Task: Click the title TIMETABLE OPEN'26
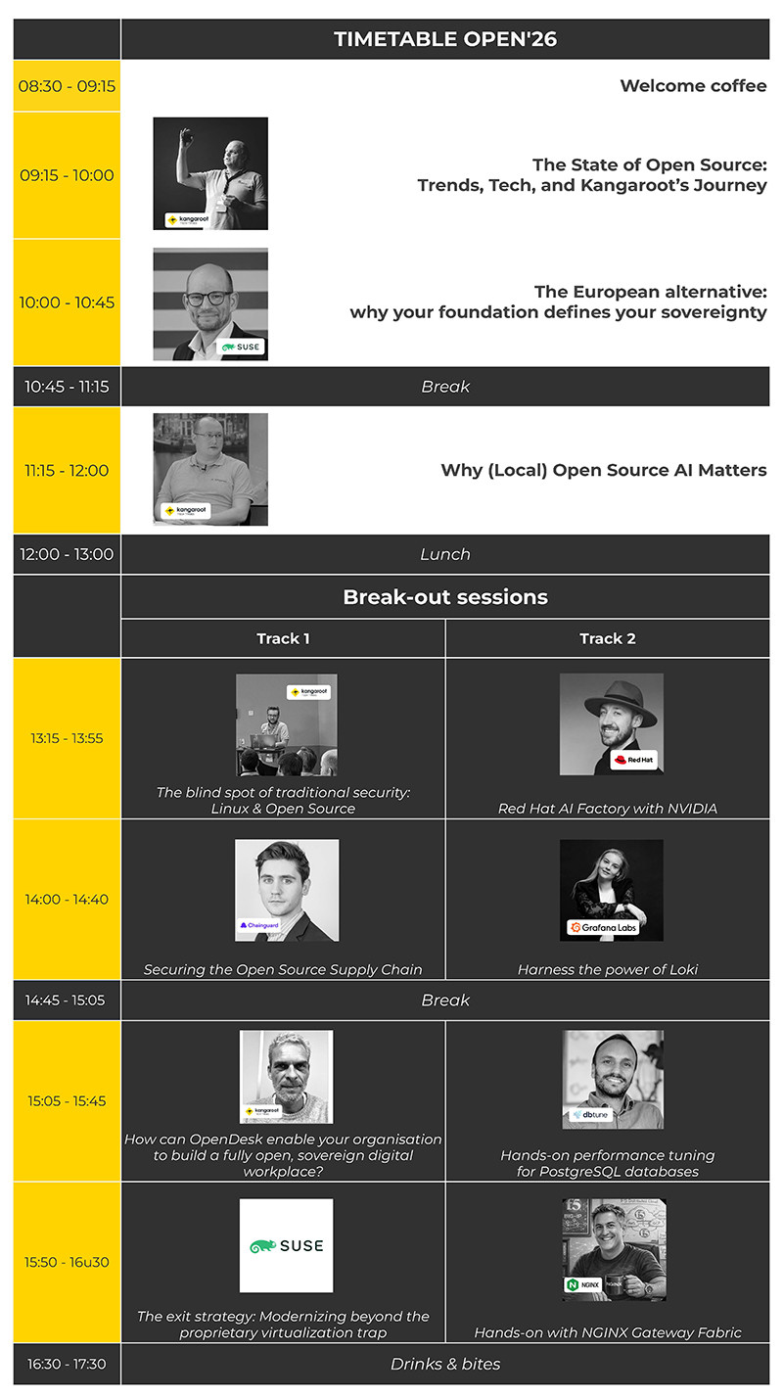[x=445, y=39]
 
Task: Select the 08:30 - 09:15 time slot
[x=67, y=86]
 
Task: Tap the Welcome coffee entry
[x=693, y=86]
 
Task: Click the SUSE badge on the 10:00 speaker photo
[x=242, y=347]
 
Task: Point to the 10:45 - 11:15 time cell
[x=67, y=387]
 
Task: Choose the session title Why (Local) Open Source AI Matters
[x=603, y=470]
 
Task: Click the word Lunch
[x=445, y=554]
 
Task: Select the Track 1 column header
[x=283, y=638]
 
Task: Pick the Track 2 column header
[x=607, y=638]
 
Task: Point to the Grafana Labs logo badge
[x=603, y=926]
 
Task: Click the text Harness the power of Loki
[x=607, y=969]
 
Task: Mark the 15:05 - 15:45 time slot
[x=67, y=1100]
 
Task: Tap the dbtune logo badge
[x=591, y=1114]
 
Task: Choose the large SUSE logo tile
[x=286, y=1245]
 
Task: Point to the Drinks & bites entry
[x=445, y=1364]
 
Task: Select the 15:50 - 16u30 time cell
[x=67, y=1262]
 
